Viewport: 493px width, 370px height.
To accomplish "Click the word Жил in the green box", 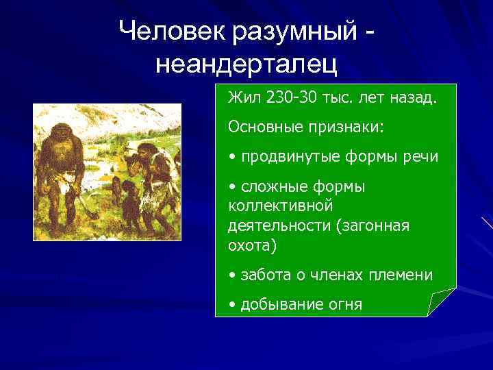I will [x=241, y=97].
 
